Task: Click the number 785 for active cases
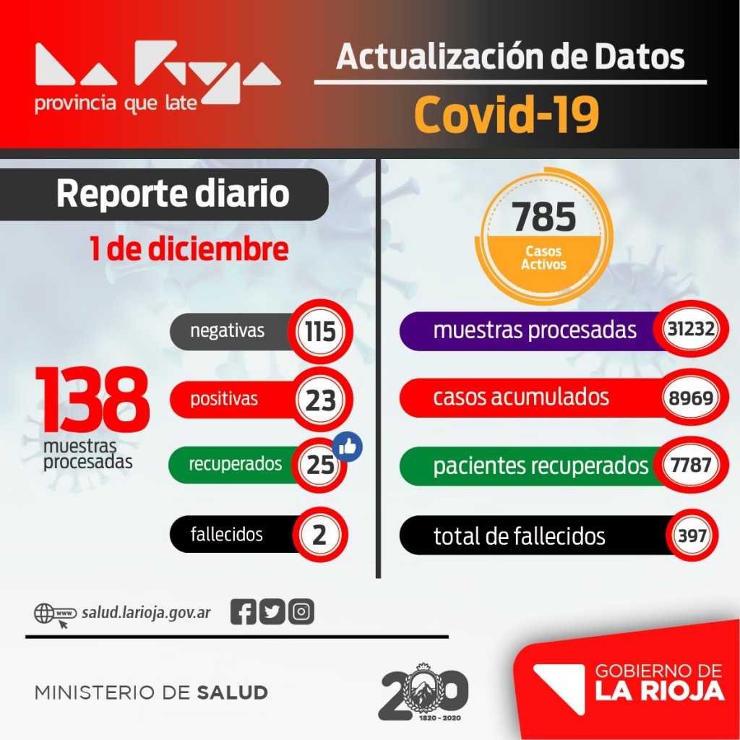544,217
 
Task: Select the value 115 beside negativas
319,332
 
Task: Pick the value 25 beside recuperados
320,465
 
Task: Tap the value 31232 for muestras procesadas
691,330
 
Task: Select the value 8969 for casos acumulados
691,397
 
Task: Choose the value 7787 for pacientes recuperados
691,465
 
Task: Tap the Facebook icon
244,612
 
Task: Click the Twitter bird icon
272,612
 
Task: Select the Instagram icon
301,612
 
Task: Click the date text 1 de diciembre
189,249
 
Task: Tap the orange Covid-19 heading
507,115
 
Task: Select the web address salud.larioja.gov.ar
147,613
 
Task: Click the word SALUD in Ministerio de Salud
232,692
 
